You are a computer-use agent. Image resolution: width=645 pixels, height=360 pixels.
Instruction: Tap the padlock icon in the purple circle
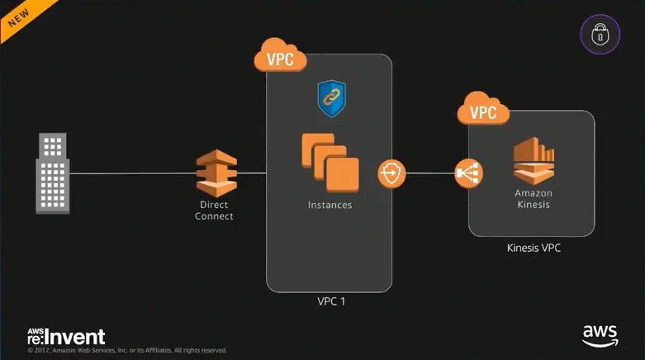pyautogui.click(x=600, y=34)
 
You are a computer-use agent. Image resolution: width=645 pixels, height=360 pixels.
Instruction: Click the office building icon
pyautogui.click(x=53, y=174)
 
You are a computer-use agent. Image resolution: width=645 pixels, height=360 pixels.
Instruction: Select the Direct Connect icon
pyautogui.click(x=216, y=173)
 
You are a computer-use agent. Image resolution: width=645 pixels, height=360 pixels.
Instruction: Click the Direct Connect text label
pyautogui.click(x=215, y=211)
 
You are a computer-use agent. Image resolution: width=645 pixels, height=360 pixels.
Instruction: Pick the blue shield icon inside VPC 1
pyautogui.click(x=330, y=98)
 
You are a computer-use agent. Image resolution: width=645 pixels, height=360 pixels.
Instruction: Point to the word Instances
pyautogui.click(x=330, y=205)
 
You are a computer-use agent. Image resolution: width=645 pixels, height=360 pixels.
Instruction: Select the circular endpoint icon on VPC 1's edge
pyautogui.click(x=391, y=174)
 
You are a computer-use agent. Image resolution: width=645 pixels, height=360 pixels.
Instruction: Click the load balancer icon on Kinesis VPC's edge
pyautogui.click(x=468, y=174)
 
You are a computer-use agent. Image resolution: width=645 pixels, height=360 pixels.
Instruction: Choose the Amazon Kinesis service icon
pyautogui.click(x=533, y=160)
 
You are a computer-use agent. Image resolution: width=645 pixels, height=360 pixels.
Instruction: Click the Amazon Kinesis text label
pyautogui.click(x=533, y=199)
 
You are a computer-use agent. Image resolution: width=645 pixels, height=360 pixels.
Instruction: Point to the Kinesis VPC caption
pyautogui.click(x=533, y=248)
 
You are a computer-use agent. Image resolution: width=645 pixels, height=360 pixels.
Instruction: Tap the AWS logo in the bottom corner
pyautogui.click(x=600, y=335)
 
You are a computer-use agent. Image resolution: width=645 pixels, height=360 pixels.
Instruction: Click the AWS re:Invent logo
pyautogui.click(x=66, y=336)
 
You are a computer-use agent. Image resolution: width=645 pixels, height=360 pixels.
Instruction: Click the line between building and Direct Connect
pyautogui.click(x=132, y=173)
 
